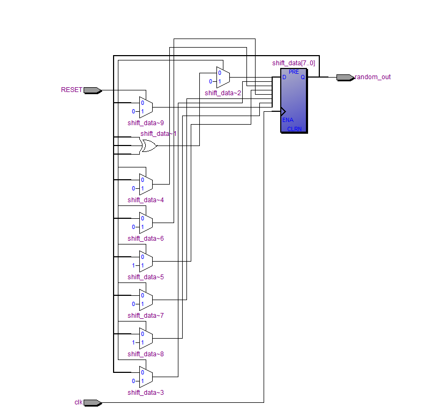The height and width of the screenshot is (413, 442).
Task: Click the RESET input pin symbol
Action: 92,90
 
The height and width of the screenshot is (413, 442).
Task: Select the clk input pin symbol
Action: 92,402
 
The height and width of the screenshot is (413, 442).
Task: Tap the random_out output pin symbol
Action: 345,77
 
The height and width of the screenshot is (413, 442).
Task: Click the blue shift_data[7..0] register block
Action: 294,101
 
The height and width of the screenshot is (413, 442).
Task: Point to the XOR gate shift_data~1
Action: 148,146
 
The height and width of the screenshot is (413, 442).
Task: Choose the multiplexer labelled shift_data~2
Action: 223,78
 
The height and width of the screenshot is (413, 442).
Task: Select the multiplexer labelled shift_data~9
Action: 146,108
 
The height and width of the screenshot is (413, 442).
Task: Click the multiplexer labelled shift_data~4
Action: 146,184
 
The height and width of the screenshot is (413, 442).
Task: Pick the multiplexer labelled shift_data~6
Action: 146,223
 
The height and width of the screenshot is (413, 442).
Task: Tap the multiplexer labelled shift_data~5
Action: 146,261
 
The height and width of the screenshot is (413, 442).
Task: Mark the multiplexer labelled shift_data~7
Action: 146,300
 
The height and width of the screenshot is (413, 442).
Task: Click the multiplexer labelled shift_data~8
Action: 146,338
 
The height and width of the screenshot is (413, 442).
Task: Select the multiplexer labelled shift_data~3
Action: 146,377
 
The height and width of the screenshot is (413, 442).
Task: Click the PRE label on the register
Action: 294,72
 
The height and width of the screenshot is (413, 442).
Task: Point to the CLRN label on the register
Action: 295,129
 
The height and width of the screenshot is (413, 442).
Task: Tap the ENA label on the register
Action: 288,120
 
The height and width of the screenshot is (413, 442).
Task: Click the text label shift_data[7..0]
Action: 294,63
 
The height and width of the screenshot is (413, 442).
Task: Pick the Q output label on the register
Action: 302,77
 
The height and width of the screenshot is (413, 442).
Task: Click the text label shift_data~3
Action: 146,393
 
